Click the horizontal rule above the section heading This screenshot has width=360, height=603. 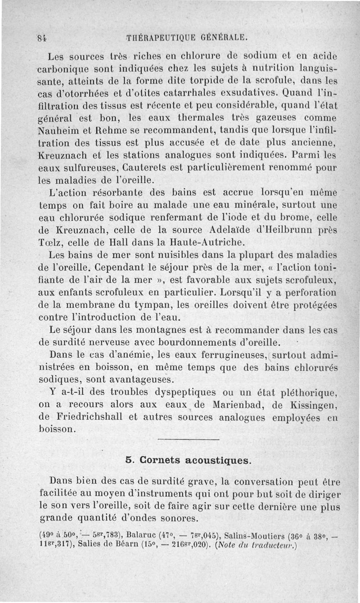pos(189,439)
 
